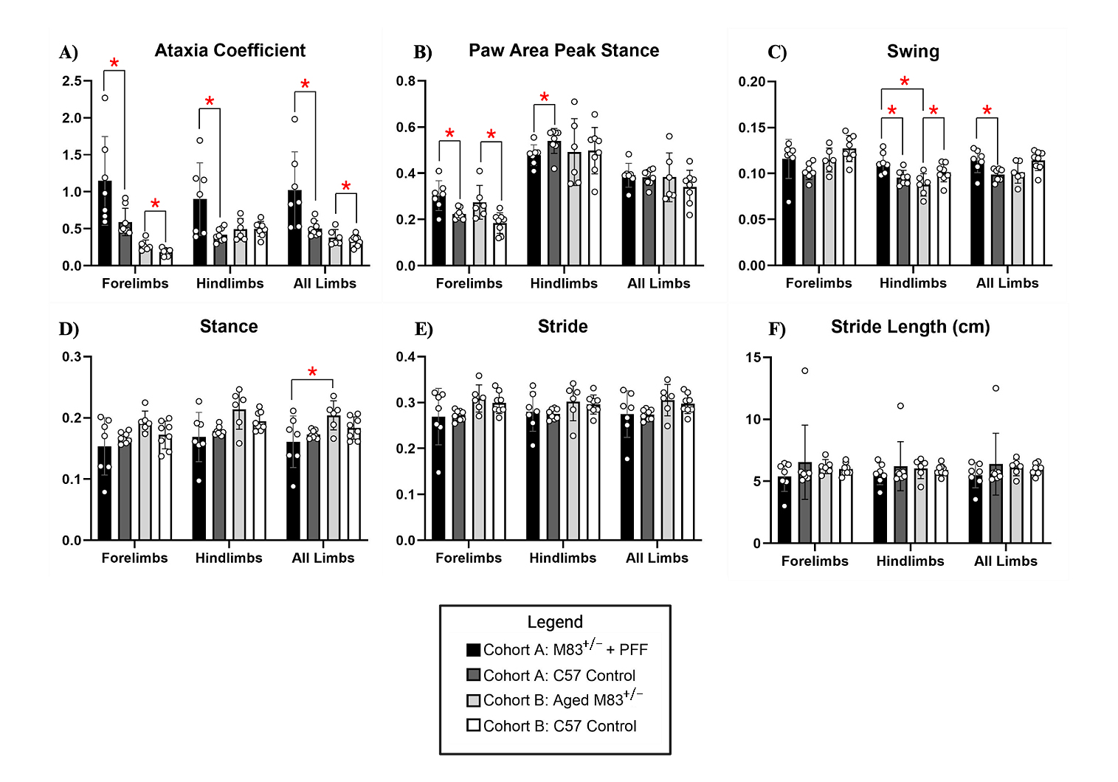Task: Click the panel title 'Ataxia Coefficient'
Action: tap(230, 51)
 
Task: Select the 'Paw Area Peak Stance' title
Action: tap(564, 51)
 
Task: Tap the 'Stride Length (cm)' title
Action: tap(910, 327)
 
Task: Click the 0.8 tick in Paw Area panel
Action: tap(406, 81)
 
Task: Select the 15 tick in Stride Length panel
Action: tap(753, 358)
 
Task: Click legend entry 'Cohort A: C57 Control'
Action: tap(559, 676)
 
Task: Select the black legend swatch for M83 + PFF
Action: tap(474, 650)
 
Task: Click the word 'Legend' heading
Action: tap(555, 622)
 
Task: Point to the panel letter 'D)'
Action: tap(69, 329)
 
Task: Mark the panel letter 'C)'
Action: tap(777, 53)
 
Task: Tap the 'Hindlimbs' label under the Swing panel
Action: tap(913, 283)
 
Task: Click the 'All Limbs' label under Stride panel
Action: tap(657, 558)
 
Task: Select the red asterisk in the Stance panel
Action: tap(313, 373)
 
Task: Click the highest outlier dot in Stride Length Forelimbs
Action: tap(805, 371)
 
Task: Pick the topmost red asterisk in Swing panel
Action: tap(905, 82)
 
